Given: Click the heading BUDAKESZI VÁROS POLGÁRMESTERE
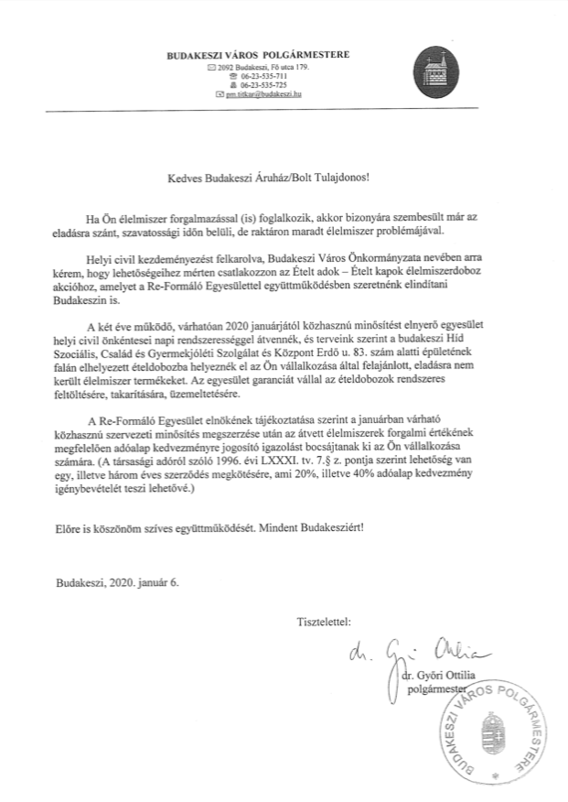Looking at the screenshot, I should (257, 55).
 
